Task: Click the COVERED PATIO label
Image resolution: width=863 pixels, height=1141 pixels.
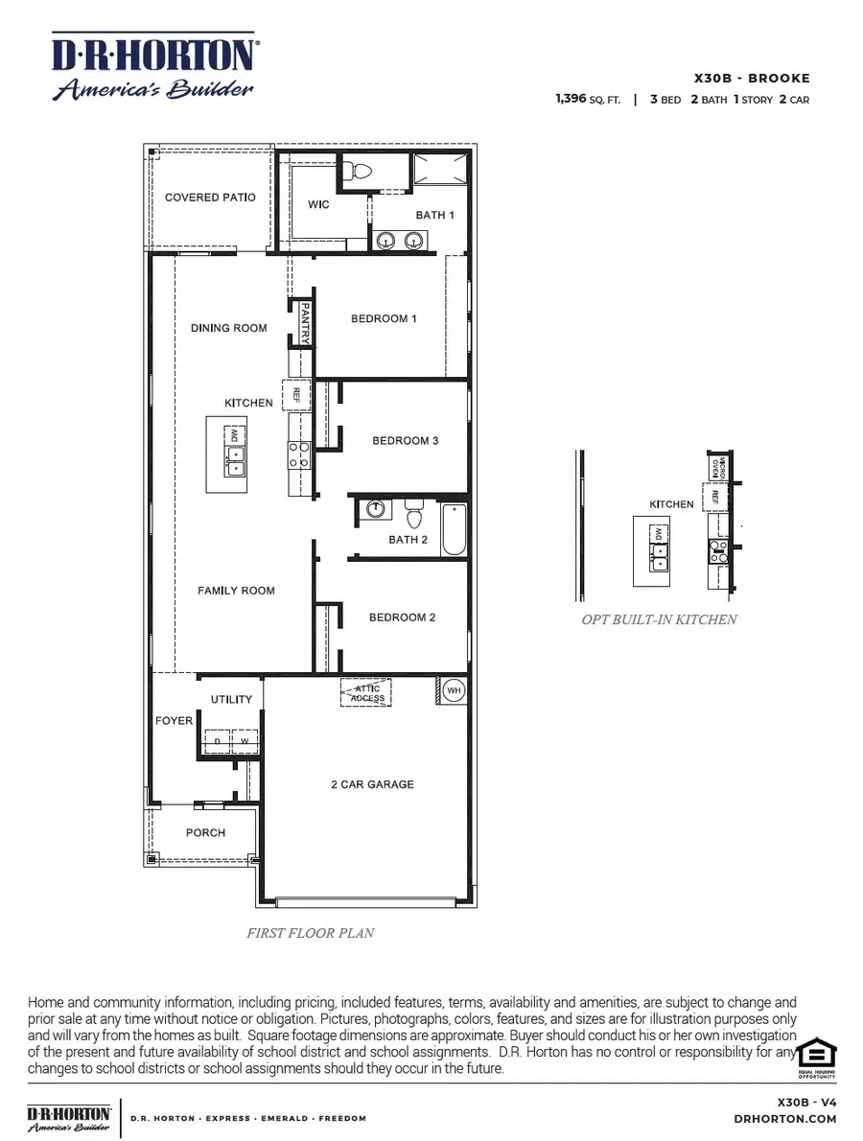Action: [x=210, y=198]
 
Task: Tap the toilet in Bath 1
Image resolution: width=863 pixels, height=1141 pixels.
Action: [x=360, y=172]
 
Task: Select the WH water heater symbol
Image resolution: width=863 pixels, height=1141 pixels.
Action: [x=451, y=690]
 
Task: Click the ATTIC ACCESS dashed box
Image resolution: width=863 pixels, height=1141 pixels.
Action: [x=365, y=693]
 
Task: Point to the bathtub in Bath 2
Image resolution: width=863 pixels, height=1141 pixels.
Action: [x=454, y=529]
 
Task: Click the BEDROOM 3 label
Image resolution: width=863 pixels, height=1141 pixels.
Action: [x=405, y=441]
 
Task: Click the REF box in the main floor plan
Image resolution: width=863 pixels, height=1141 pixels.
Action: [x=296, y=395]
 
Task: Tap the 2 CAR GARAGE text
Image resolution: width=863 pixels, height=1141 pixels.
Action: [x=372, y=784]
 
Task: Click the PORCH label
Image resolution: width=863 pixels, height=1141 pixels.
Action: [x=205, y=833]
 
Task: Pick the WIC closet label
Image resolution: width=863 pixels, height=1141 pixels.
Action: [x=318, y=205]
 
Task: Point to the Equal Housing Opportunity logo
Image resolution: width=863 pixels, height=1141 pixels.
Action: [x=818, y=1058]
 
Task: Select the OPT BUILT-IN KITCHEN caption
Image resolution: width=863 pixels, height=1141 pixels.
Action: [x=659, y=619]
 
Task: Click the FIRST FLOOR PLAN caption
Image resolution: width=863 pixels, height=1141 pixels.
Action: [x=310, y=932]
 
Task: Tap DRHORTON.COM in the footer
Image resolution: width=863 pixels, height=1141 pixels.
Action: [x=784, y=1119]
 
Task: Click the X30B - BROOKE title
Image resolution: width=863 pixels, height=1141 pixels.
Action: [x=751, y=79]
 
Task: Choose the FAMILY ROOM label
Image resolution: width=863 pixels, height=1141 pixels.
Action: [x=236, y=591]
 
